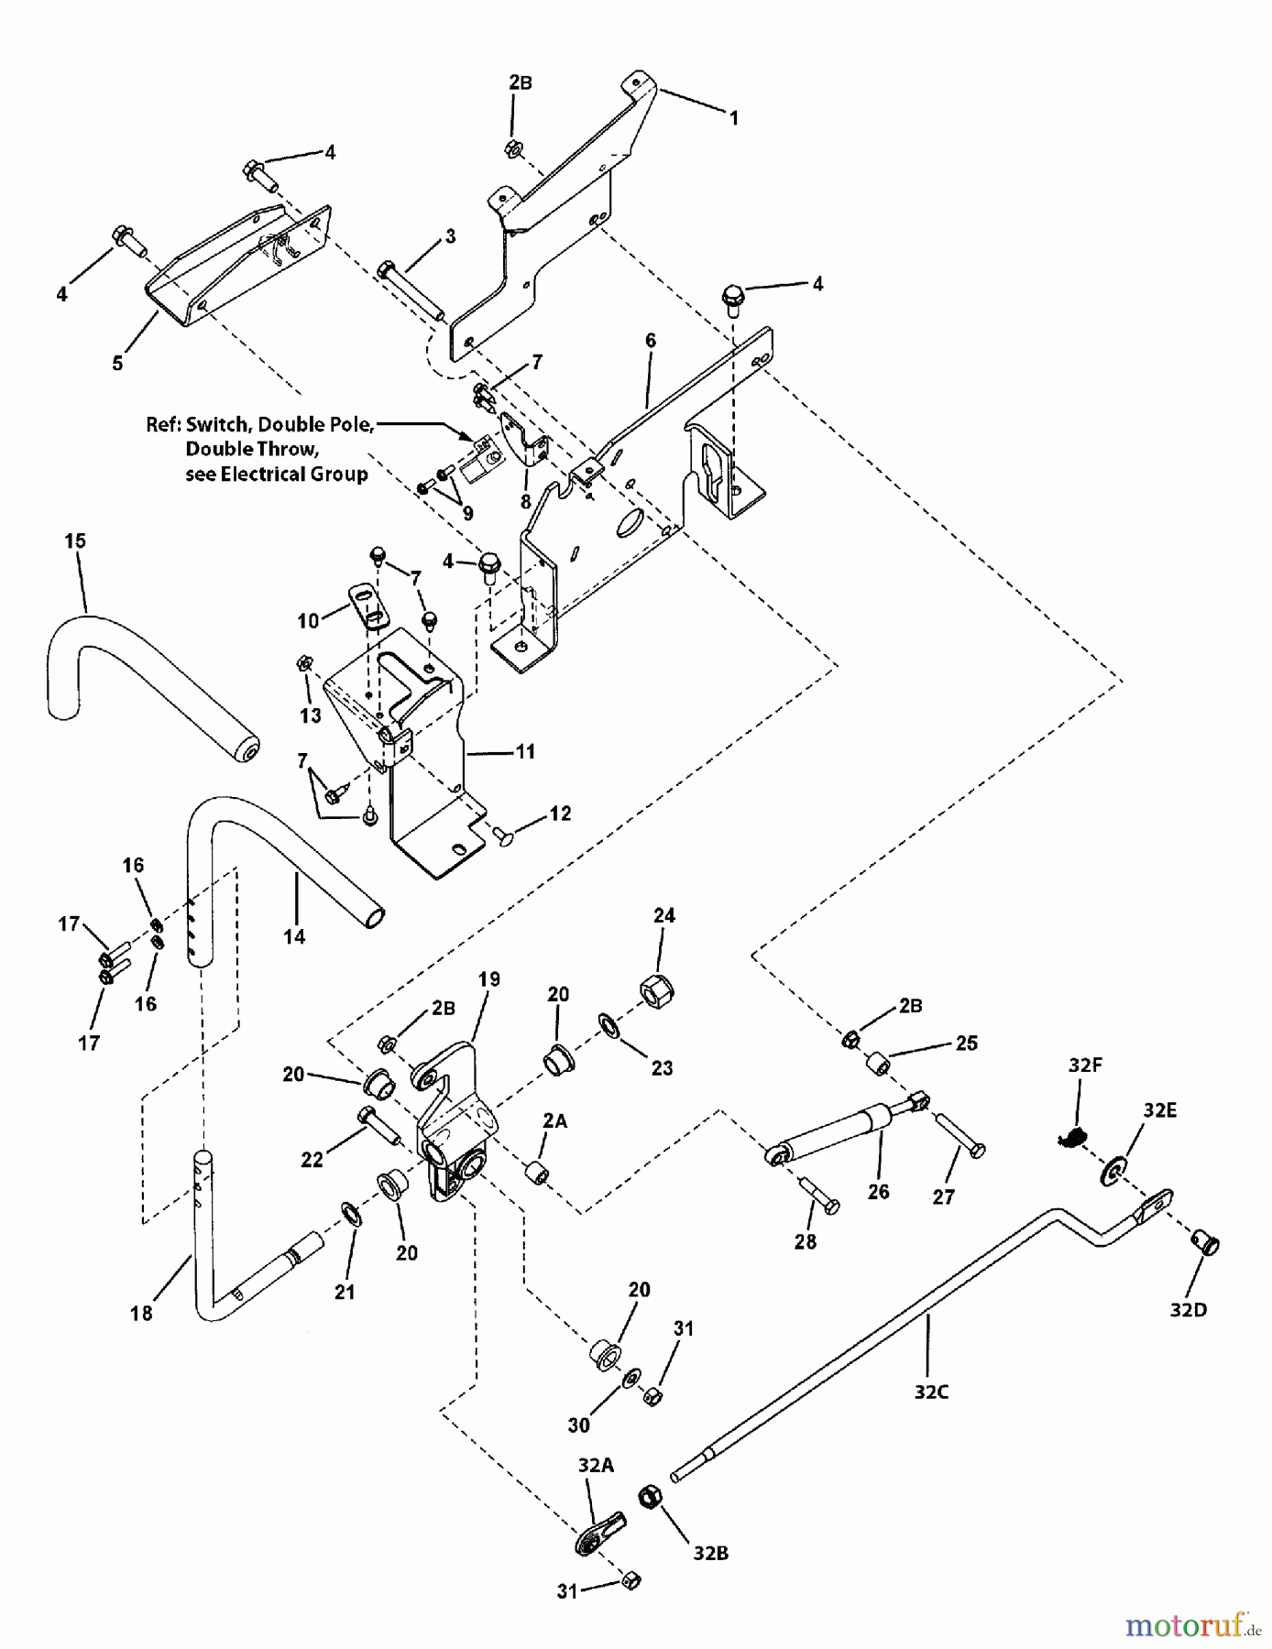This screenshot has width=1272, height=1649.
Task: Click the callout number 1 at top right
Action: (x=733, y=118)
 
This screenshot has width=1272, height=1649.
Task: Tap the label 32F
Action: (x=1084, y=1065)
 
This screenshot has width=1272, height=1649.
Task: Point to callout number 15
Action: (x=75, y=541)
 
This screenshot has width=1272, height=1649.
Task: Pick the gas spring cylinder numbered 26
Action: (x=834, y=1132)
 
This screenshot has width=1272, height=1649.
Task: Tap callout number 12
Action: (x=560, y=814)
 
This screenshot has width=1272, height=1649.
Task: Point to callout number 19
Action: (x=488, y=979)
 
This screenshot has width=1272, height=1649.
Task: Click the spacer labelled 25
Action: (x=881, y=1065)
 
